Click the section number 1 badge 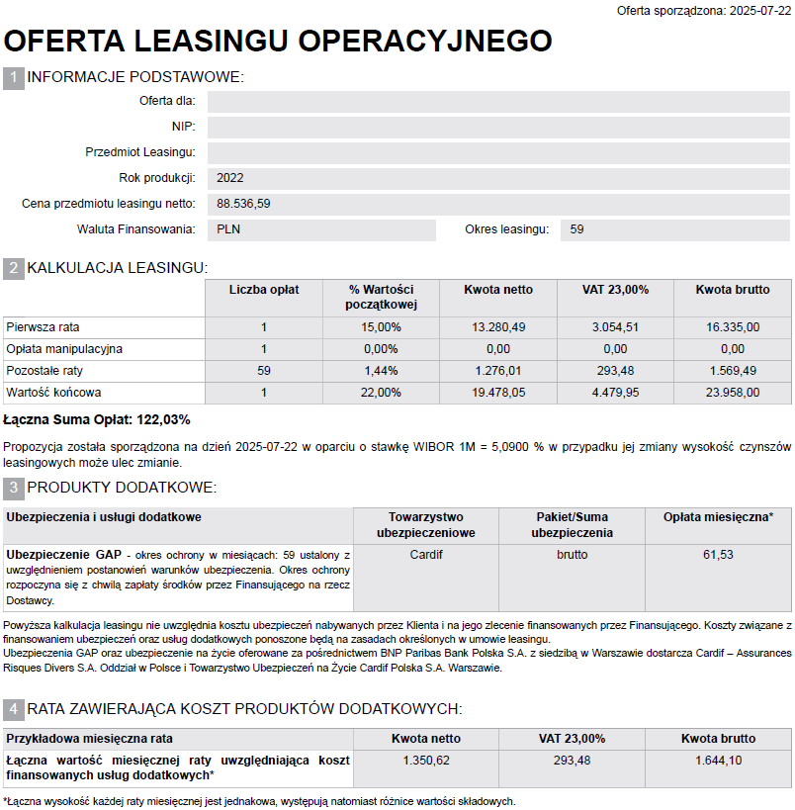tap(14, 78)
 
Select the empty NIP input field tap(498, 128)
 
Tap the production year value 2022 tap(229, 178)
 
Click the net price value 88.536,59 tap(243, 204)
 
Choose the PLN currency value tap(228, 229)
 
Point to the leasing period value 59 tap(577, 229)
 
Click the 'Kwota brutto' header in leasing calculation tap(732, 290)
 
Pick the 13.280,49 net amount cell tap(497, 326)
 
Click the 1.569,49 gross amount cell tap(732, 371)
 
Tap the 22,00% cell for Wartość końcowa tap(382, 393)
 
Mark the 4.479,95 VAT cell tap(615, 393)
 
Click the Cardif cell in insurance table tap(426, 555)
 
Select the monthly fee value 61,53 tap(718, 555)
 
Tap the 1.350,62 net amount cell tap(425, 761)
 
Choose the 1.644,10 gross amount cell tap(718, 761)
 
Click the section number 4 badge tap(14, 709)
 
